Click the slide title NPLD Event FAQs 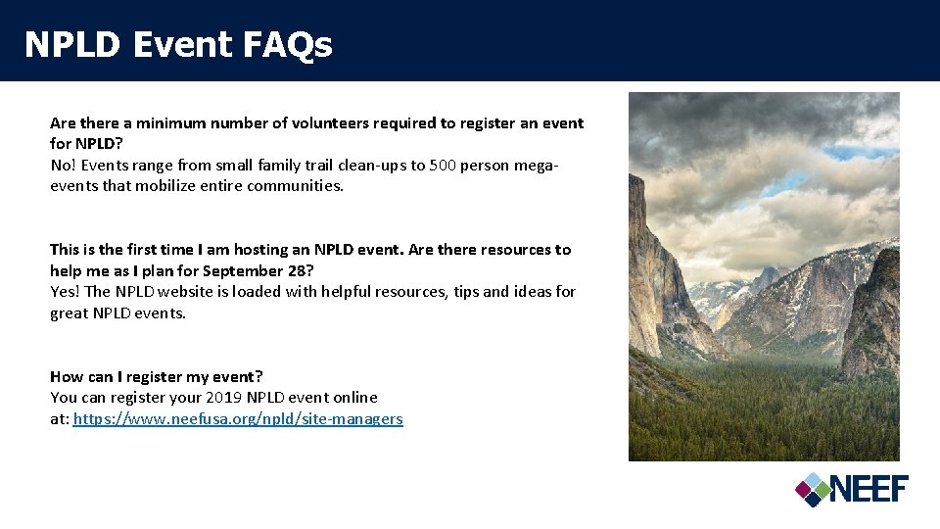click(x=178, y=44)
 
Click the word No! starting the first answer click(x=64, y=166)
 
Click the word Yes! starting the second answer click(x=66, y=292)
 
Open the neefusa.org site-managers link click(x=238, y=419)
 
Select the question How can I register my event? click(x=157, y=377)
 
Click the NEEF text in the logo click(x=869, y=488)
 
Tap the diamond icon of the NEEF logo click(x=812, y=489)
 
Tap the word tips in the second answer click(x=467, y=292)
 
